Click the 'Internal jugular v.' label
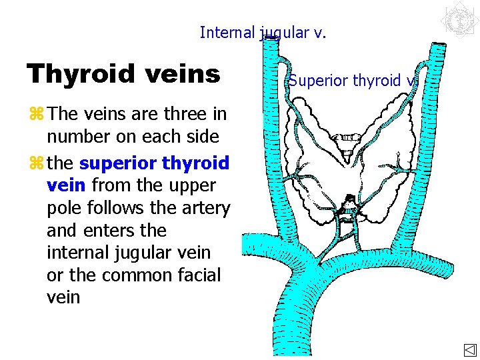click(263, 32)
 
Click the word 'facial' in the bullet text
click(195, 275)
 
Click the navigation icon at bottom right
click(469, 350)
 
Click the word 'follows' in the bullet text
click(113, 208)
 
